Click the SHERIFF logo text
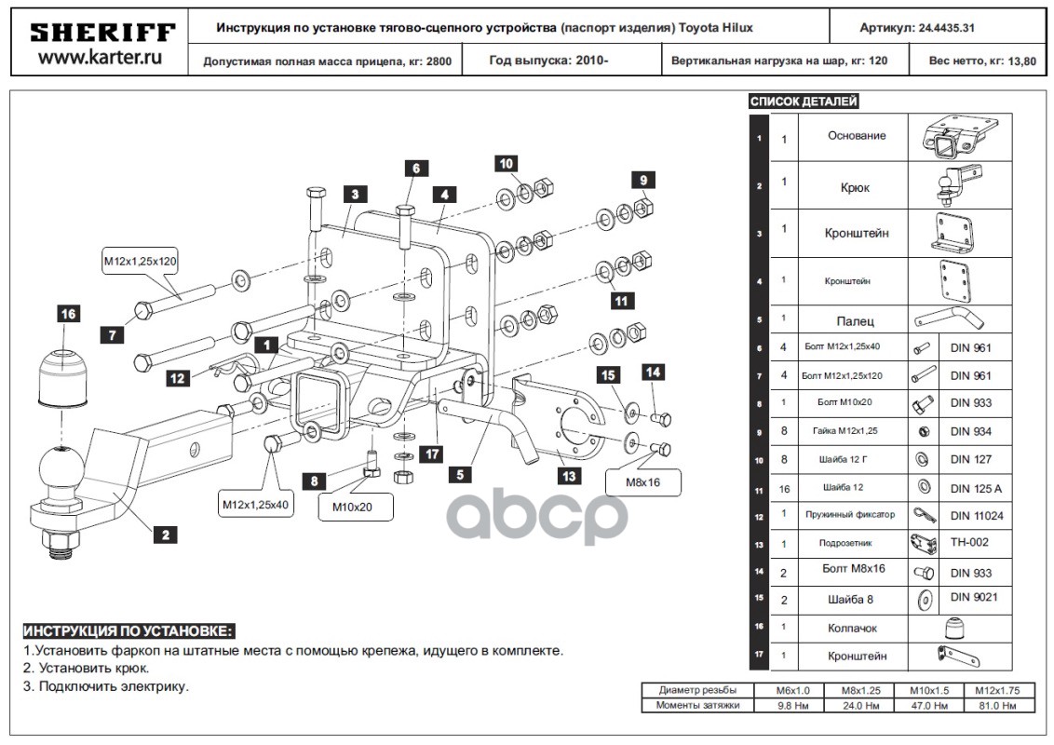coord(102,33)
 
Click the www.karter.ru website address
coord(102,58)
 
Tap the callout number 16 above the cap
coord(68,314)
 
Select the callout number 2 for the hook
coord(165,535)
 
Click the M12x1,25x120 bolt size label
coord(140,262)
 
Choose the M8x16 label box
coord(643,482)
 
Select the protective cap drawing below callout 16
coord(62,377)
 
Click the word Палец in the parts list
coord(855,321)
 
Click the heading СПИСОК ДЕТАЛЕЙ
coord(804,102)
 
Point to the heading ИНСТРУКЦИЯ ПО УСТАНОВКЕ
coord(128,630)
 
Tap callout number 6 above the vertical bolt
coord(416,169)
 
